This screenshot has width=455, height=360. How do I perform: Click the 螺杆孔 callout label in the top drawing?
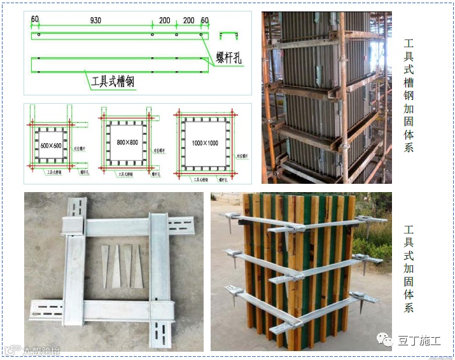[230, 59]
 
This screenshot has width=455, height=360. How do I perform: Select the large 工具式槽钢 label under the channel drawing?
[112, 81]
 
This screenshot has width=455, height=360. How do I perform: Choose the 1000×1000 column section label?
[204, 143]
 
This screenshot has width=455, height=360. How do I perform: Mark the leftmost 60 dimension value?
[35, 20]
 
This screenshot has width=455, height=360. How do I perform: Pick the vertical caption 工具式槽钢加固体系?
[409, 95]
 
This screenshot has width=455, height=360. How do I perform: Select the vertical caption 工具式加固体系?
[409, 267]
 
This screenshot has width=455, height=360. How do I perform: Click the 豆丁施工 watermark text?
[419, 340]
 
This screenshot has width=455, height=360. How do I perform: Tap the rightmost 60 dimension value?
[204, 20]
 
